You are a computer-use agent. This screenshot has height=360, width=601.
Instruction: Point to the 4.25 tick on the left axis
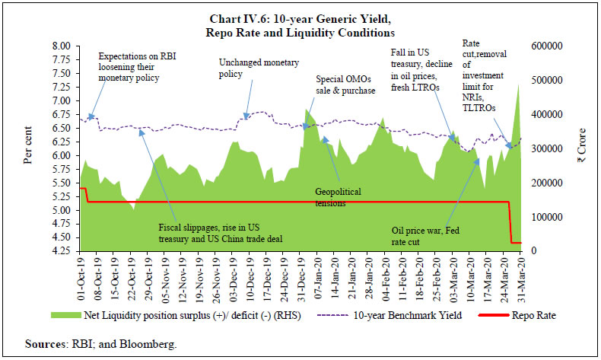(x=59, y=251)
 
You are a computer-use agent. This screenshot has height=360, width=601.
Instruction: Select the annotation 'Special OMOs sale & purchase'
(x=346, y=84)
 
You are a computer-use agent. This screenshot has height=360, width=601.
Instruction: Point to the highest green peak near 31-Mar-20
(x=518, y=86)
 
